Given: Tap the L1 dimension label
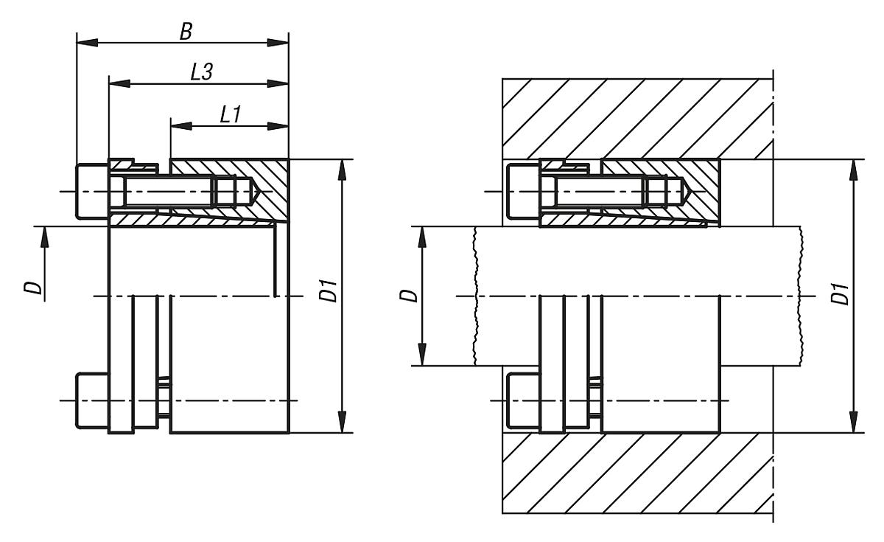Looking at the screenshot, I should coord(231,114).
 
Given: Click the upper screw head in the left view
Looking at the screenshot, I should coord(92,191).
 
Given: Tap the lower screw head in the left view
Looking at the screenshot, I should coord(92,401).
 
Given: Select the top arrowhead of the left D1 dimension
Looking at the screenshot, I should coord(343,168).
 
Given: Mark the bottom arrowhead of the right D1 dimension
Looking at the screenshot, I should coord(852,423).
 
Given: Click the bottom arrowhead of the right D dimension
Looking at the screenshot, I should coord(424,357).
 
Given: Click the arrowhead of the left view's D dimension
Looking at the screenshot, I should coord(43,235).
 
